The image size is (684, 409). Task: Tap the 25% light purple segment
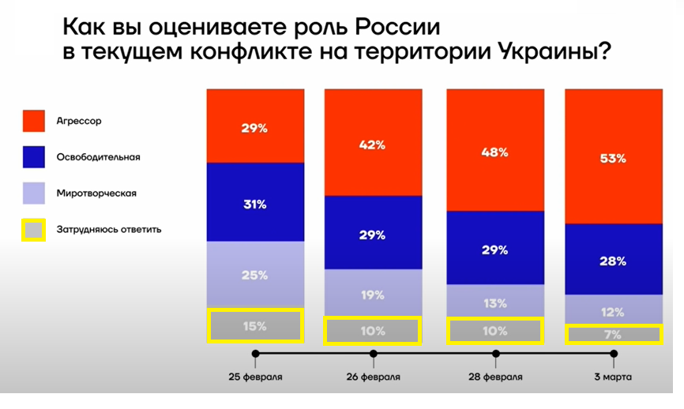[255, 274]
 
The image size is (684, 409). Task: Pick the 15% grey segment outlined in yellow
[255, 325]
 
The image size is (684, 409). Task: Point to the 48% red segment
[495, 150]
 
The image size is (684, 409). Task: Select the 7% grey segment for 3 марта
[614, 334]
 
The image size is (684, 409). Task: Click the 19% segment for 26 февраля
[373, 294]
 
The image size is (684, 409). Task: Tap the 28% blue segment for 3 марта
[614, 259]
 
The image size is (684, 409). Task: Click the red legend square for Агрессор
[33, 122]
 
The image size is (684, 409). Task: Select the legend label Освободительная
[98, 156]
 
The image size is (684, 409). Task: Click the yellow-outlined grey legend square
[33, 229]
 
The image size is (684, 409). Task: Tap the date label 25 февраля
[255, 377]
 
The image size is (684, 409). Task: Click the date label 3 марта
[613, 377]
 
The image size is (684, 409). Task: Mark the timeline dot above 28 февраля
[496, 354]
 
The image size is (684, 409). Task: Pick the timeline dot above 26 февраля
[373, 354]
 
